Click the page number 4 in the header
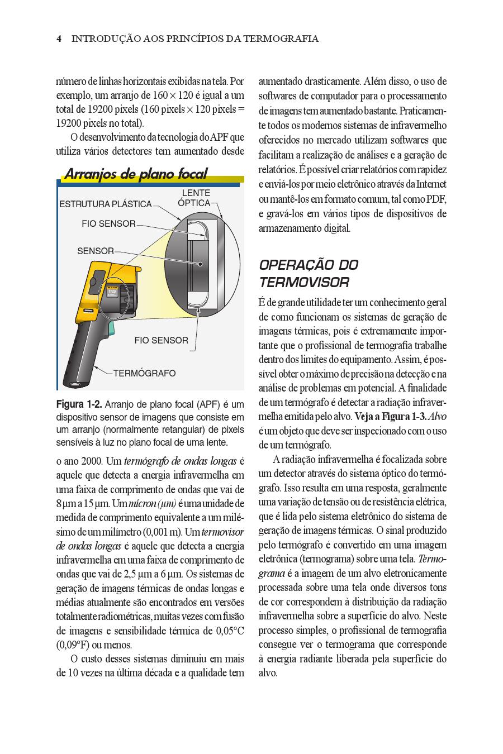(59, 39)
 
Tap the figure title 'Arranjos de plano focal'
(136, 174)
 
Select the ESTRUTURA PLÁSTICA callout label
(106, 204)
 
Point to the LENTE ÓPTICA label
(195, 198)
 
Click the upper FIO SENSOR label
(108, 223)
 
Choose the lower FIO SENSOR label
(161, 340)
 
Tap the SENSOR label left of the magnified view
(95, 251)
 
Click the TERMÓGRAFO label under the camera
(144, 373)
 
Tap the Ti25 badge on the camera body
(111, 292)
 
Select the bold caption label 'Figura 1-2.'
(79, 404)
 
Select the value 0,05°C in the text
(230, 631)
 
